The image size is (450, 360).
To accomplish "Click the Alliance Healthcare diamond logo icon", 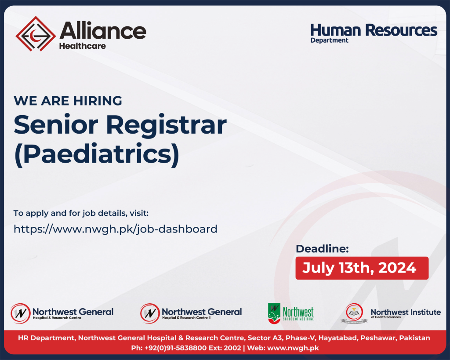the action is [36, 34].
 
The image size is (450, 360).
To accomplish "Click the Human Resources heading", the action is [374, 30].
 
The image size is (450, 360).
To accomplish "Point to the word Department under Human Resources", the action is [329, 40].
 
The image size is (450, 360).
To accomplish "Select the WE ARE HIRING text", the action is [68, 101].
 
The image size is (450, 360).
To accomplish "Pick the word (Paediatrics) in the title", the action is [97, 154].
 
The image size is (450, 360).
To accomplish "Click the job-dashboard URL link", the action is [116, 229].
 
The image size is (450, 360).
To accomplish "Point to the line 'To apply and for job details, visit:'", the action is [81, 213].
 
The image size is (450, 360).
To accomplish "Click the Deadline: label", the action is [322, 249].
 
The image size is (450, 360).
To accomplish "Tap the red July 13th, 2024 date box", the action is [362, 268].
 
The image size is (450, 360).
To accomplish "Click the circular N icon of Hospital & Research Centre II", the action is [150, 313].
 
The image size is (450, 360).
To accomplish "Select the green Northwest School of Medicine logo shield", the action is [274, 313].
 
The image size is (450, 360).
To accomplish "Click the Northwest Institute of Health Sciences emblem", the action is [354, 313].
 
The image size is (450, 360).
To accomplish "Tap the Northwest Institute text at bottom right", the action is [406, 312].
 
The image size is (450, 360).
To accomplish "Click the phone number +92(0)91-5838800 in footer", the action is [175, 348].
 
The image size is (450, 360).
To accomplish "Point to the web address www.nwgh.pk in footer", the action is [293, 348].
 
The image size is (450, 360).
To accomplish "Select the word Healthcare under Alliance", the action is [82, 46].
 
